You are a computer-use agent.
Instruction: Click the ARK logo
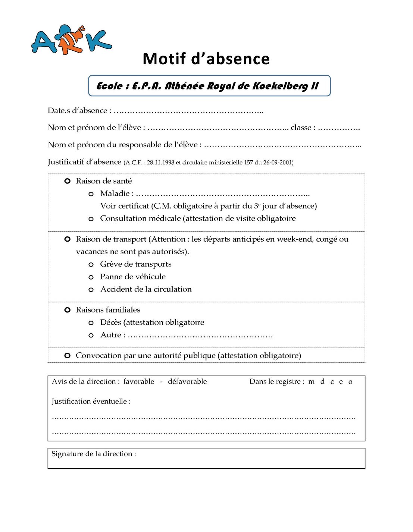tap(71, 40)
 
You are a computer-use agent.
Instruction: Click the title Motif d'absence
tap(206, 59)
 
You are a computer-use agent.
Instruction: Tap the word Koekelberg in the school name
tap(280, 86)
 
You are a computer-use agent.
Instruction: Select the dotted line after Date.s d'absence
tap(188, 111)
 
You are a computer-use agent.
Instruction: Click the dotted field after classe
tap(339, 128)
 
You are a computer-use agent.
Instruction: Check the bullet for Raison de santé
tap(68, 181)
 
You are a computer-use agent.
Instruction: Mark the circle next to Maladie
tap(91, 194)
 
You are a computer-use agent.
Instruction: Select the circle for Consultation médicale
tap(91, 219)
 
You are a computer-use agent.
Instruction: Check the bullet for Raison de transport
tap(68, 239)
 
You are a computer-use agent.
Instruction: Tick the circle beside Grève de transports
tap(91, 265)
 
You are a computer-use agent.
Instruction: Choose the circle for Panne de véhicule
tap(91, 277)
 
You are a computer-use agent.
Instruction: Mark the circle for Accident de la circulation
tap(91, 290)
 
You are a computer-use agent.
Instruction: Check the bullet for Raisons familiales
tap(68, 310)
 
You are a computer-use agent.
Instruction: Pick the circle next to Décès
tap(91, 323)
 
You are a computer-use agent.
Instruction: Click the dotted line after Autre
tap(200, 336)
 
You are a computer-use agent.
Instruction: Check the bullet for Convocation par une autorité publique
tap(68, 356)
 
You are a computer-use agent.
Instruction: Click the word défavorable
tap(187, 381)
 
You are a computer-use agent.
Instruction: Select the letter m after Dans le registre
tap(312, 382)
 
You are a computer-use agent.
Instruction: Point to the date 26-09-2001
tap(278, 163)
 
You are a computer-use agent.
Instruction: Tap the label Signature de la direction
tap(94, 454)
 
